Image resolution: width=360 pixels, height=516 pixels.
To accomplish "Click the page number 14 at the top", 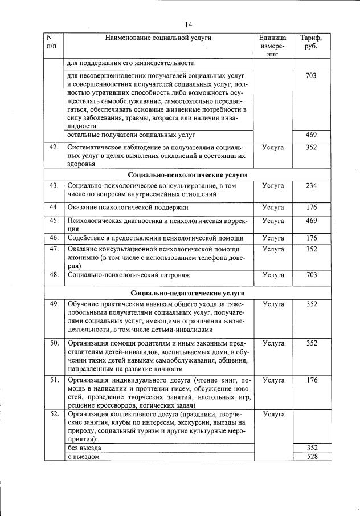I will point(189,24).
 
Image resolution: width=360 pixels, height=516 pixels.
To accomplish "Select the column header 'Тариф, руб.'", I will point(310,42).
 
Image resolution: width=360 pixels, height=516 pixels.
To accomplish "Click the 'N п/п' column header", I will point(54,42).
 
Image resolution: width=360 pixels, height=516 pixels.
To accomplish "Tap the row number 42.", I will point(55,147).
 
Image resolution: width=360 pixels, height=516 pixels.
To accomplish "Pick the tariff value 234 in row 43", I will point(311,185).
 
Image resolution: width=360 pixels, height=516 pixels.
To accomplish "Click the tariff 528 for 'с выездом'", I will point(311,456).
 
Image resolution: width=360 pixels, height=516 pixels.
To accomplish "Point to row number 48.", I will point(55,275).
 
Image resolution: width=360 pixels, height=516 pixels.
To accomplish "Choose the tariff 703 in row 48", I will point(311,275).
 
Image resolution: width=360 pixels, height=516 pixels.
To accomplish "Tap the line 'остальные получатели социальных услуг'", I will point(131,135).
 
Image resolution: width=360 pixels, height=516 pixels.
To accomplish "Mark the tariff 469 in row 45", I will point(311,220).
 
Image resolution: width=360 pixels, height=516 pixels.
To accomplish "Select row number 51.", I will point(55,380).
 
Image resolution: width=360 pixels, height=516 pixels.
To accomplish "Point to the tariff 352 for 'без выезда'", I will point(311,448).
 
